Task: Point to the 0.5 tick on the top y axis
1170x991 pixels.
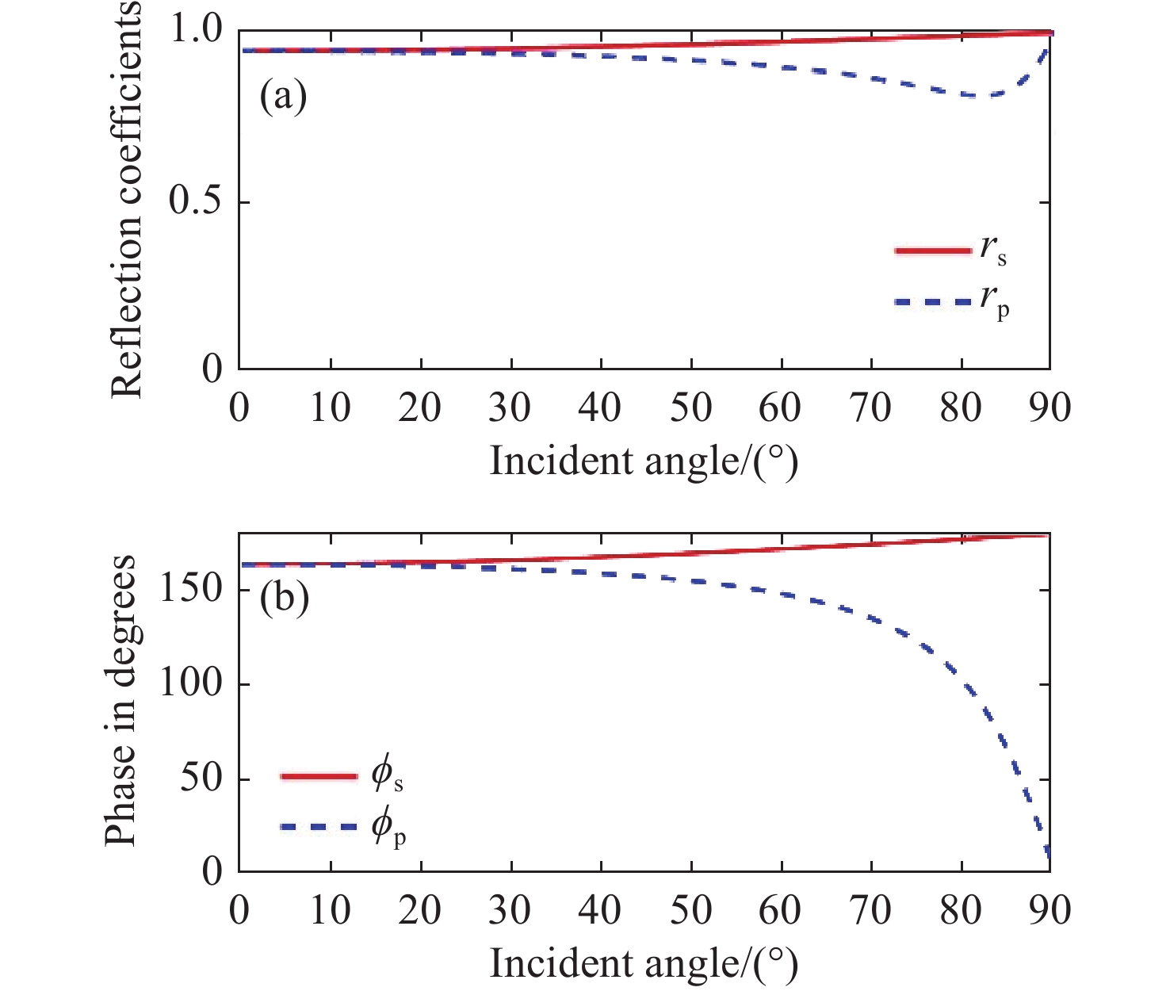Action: (196, 202)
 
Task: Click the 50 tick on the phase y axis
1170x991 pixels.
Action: (198, 779)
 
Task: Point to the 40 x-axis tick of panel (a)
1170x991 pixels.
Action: (600, 408)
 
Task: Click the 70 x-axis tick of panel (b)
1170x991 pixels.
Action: (870, 910)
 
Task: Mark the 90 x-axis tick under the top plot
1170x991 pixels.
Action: (1050, 408)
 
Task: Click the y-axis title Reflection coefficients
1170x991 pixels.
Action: (127, 198)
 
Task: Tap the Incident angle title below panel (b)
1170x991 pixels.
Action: (643, 964)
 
